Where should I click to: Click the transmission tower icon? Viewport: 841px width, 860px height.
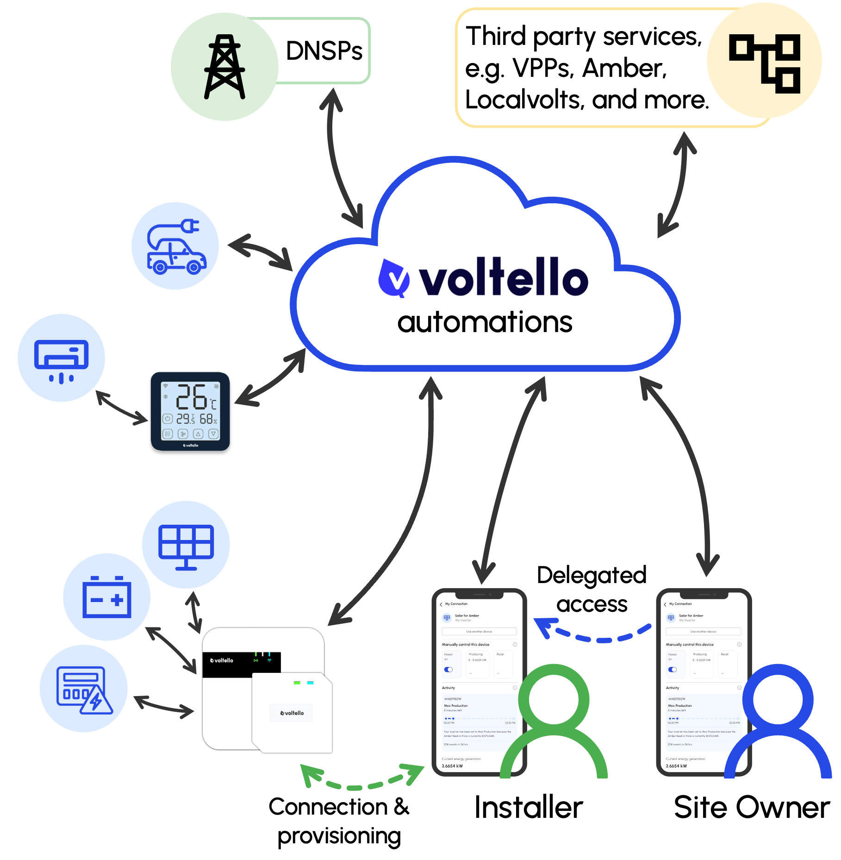tap(224, 67)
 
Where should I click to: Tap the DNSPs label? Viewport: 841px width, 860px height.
tap(324, 51)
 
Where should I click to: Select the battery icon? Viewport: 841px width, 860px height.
tap(106, 597)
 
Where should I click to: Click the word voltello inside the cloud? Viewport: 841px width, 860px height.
tap(503, 278)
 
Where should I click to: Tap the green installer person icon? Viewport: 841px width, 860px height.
tap(554, 722)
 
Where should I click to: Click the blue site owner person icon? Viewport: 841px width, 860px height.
tap(778, 722)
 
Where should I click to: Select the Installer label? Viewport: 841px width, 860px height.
tap(529, 808)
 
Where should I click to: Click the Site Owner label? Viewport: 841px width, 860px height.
tap(752, 808)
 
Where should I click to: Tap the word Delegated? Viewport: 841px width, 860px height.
tap(592, 576)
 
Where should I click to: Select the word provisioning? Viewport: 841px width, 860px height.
tap(339, 836)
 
